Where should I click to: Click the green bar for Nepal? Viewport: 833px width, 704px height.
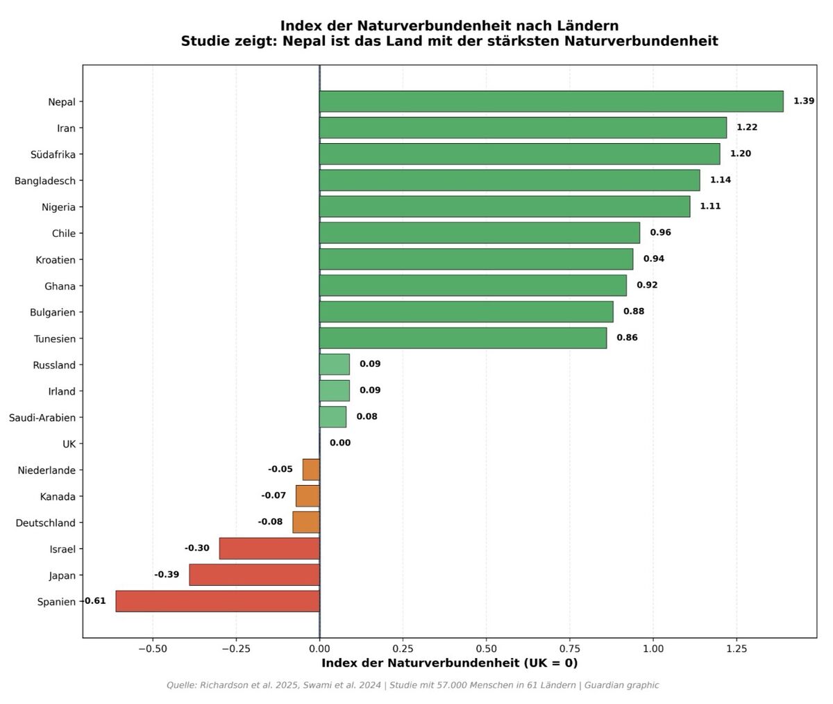pyautogui.click(x=551, y=101)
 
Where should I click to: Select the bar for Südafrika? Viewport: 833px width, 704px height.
pyautogui.click(x=519, y=154)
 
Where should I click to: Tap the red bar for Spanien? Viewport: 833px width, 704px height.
pyautogui.click(x=217, y=601)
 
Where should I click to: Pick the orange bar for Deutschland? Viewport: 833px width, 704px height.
pyautogui.click(x=306, y=523)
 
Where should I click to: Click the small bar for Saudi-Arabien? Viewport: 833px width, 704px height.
pyautogui.click(x=333, y=417)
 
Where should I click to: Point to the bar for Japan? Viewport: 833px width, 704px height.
pyautogui.click(x=254, y=575)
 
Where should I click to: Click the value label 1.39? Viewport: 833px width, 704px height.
pyautogui.click(x=804, y=101)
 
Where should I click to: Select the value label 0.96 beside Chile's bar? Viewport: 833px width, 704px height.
pyautogui.click(x=660, y=232)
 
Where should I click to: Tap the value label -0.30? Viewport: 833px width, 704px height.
pyautogui.click(x=196, y=548)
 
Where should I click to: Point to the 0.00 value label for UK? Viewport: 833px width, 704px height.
pyautogui.click(x=340, y=443)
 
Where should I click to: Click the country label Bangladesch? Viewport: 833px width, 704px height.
pyautogui.click(x=45, y=181)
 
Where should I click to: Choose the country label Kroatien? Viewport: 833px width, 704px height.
pyautogui.click(x=56, y=260)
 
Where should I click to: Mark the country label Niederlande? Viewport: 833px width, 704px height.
pyautogui.click(x=47, y=470)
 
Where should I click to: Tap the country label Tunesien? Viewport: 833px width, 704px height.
pyautogui.click(x=55, y=339)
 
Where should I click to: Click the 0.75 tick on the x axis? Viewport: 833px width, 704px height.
pyautogui.click(x=570, y=648)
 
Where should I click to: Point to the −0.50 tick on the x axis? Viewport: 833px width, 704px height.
pyautogui.click(x=152, y=648)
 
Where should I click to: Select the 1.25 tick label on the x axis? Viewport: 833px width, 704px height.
pyautogui.click(x=737, y=648)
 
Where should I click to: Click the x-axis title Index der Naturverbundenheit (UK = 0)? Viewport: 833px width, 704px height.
pyautogui.click(x=449, y=663)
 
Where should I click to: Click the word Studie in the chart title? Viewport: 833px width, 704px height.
pyautogui.click(x=205, y=41)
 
